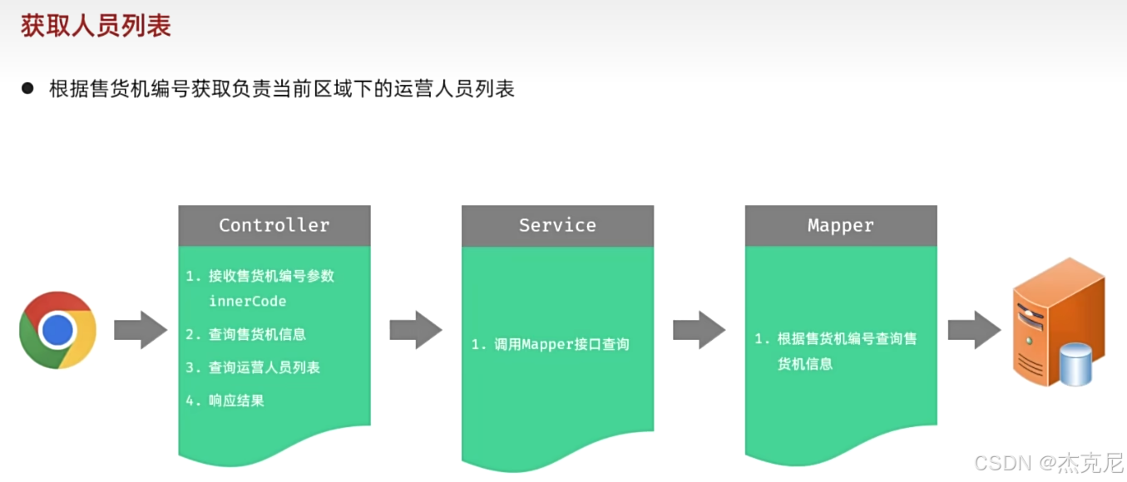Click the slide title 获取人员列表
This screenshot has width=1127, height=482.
(96, 27)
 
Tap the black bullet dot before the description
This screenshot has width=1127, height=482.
(28, 88)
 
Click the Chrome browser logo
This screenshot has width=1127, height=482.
(57, 330)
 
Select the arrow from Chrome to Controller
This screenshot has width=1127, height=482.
(141, 330)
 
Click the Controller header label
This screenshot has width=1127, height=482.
(274, 225)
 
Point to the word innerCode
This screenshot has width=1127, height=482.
(247, 301)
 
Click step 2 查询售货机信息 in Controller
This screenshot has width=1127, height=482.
(257, 334)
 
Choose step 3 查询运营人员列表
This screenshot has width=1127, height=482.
(264, 367)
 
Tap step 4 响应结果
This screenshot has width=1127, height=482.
(236, 401)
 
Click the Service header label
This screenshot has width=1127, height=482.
(557, 225)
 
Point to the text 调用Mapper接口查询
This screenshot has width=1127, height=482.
(561, 344)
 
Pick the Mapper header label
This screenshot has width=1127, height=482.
(841, 225)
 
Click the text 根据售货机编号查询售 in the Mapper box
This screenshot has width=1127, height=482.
(847, 339)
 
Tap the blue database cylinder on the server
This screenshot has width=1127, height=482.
(1076, 366)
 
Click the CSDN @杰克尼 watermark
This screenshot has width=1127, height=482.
(1048, 462)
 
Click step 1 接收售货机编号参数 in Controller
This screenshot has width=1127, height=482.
(271, 276)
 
